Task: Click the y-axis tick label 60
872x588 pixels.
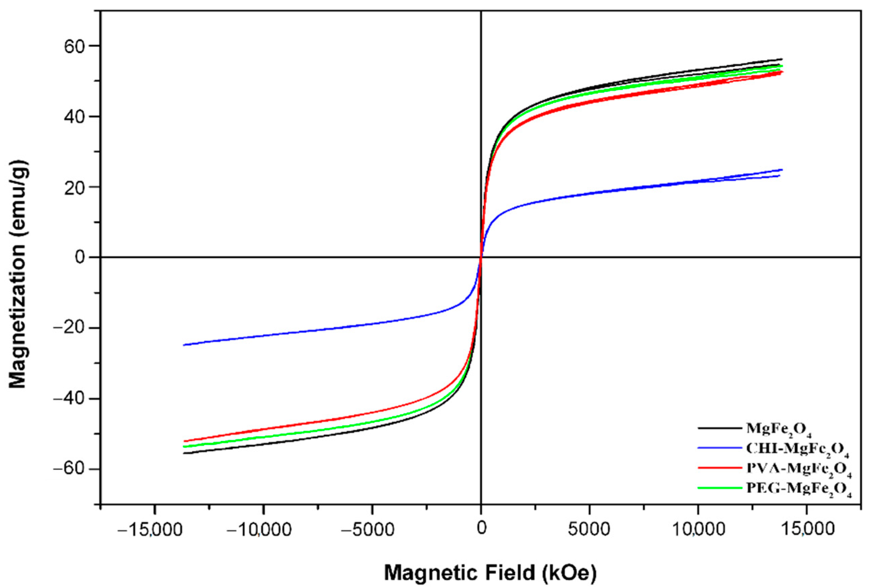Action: pos(77,46)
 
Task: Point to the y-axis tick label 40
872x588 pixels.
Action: pos(77,117)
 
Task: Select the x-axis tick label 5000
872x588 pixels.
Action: pos(590,529)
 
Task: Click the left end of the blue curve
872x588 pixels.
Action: pos(184,345)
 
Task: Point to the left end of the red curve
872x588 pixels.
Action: pos(184,441)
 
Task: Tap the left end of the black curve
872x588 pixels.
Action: pos(184,453)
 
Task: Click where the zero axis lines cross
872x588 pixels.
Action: pos(481,257)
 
